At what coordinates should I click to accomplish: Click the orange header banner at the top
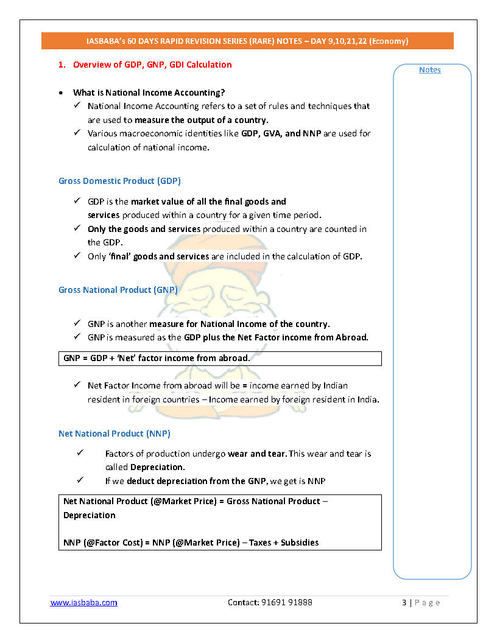pyautogui.click(x=247, y=41)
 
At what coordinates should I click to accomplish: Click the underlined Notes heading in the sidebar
pyautogui.click(x=429, y=70)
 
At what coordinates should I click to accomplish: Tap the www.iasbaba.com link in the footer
pyautogui.click(x=83, y=602)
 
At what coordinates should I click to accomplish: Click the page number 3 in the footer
pyautogui.click(x=404, y=602)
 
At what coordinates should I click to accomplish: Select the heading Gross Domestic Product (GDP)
pyautogui.click(x=119, y=181)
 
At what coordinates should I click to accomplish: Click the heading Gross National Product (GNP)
pyautogui.click(x=118, y=290)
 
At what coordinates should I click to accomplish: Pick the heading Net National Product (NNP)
pyautogui.click(x=115, y=434)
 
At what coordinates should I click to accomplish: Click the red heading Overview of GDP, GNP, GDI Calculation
pyautogui.click(x=152, y=65)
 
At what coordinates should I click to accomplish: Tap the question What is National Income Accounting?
pyautogui.click(x=149, y=93)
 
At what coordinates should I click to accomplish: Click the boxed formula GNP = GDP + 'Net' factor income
pyautogui.click(x=157, y=358)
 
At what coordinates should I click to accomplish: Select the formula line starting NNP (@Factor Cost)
pyautogui.click(x=191, y=542)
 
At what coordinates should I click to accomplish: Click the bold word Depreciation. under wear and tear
pyautogui.click(x=145, y=467)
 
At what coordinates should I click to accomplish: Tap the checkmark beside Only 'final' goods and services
pyautogui.click(x=77, y=256)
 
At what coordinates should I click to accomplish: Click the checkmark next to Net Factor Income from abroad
pyautogui.click(x=77, y=385)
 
